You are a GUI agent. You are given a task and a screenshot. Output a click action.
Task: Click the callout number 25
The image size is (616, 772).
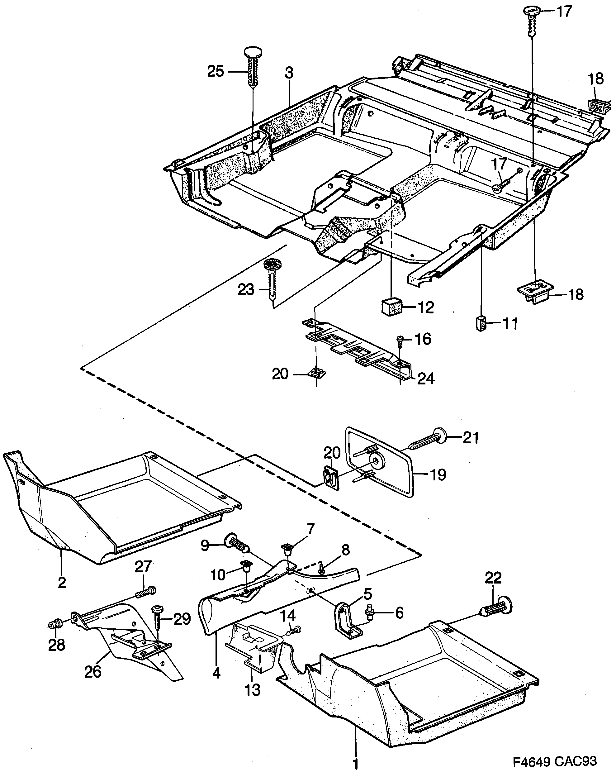pyautogui.click(x=216, y=71)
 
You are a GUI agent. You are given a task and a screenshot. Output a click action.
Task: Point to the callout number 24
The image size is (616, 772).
pyautogui.click(x=426, y=379)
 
